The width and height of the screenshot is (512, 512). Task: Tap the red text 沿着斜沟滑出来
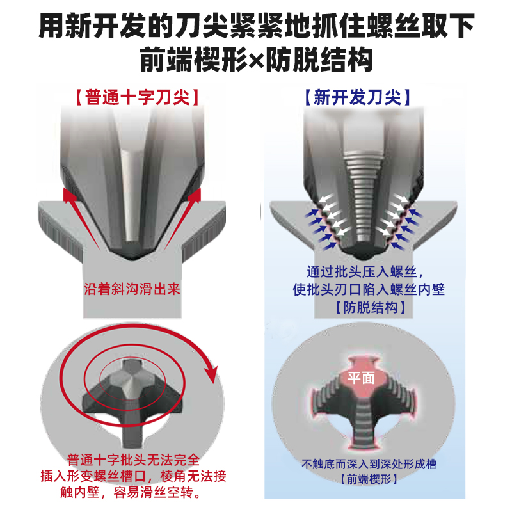132,289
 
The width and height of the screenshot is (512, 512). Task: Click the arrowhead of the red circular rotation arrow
209,374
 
